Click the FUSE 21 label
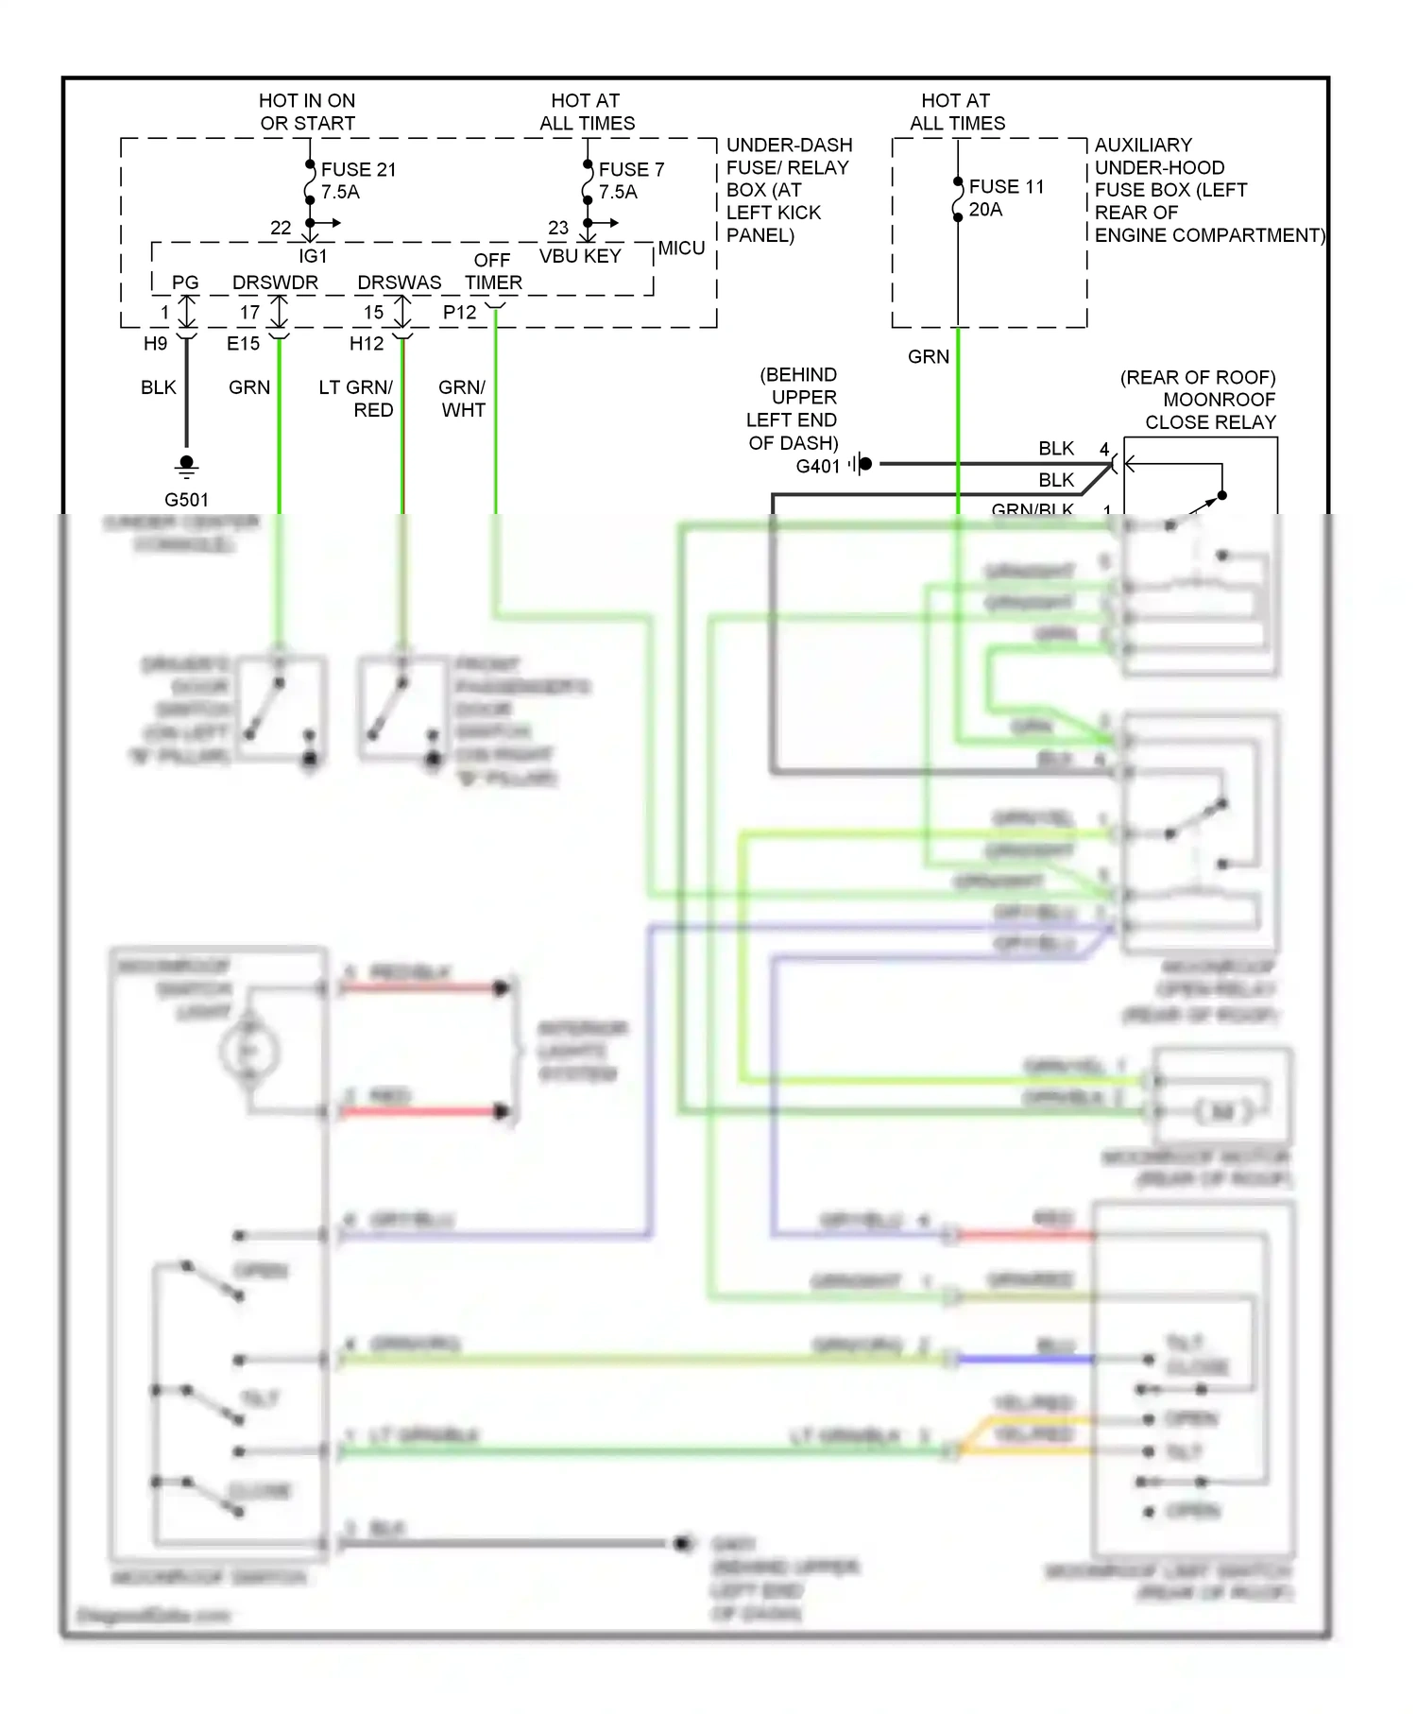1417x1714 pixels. click(358, 170)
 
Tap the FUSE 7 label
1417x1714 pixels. click(631, 170)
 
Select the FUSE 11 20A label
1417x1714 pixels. click(1006, 197)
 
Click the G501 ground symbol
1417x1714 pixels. click(187, 466)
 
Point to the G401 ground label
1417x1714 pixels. click(817, 466)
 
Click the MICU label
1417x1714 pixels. click(681, 249)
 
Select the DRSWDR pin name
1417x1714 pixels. click(275, 283)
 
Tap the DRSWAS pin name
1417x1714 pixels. click(399, 283)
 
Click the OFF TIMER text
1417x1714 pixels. click(492, 271)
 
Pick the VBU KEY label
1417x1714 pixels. click(580, 256)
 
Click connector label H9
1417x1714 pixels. click(155, 344)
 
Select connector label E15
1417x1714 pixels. click(243, 344)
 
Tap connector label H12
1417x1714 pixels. click(367, 344)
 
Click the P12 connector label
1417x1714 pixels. click(459, 313)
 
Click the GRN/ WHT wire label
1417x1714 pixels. click(462, 399)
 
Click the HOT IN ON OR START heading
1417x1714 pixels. click(307, 111)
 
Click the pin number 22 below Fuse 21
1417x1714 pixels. click(281, 228)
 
